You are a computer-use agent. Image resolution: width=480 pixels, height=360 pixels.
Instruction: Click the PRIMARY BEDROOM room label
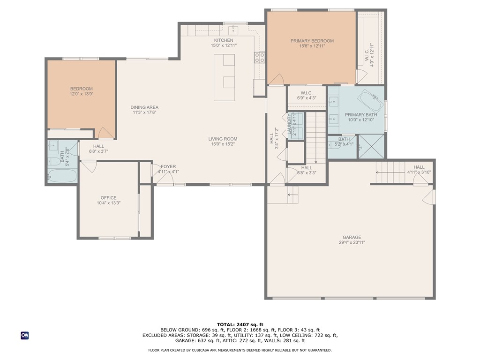pyautogui.click(x=312, y=41)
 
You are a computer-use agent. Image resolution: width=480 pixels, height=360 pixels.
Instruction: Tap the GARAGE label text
pyautogui.click(x=352, y=237)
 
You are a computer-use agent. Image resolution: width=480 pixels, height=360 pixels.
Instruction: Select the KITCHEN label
pyautogui.click(x=224, y=40)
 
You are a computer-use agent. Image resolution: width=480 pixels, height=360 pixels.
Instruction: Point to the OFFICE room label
pyautogui.click(x=109, y=198)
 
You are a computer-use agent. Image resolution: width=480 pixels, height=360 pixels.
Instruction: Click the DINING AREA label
pyautogui.click(x=144, y=107)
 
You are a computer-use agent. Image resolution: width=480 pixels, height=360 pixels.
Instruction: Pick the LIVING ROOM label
pyautogui.click(x=223, y=139)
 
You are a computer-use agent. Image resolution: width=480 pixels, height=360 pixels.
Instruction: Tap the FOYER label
pyautogui.click(x=168, y=166)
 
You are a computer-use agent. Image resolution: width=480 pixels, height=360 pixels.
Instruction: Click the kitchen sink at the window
pyautogui.click(x=233, y=30)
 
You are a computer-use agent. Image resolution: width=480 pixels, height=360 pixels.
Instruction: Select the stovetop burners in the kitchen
pyautogui.click(x=260, y=58)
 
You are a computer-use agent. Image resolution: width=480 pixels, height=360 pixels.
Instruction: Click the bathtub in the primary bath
pyautogui.click(x=371, y=101)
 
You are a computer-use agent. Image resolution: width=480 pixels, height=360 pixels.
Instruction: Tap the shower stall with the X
pyautogui.click(x=371, y=146)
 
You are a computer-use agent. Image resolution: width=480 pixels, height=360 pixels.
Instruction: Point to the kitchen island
pyautogui.click(x=225, y=77)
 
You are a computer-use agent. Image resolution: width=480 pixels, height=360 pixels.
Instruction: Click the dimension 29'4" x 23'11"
pyautogui.click(x=352, y=242)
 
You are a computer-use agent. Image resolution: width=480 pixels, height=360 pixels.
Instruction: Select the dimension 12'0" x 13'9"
pyautogui.click(x=82, y=94)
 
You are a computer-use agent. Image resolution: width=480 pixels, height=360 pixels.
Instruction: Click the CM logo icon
pyautogui.click(x=25, y=336)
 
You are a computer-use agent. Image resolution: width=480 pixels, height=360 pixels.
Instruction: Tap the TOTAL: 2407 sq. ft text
pyautogui.click(x=240, y=324)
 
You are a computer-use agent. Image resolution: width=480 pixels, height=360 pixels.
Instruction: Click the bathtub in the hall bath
pyautogui.click(x=62, y=176)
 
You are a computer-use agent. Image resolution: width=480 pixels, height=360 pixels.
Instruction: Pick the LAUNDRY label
pyautogui.click(x=289, y=124)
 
